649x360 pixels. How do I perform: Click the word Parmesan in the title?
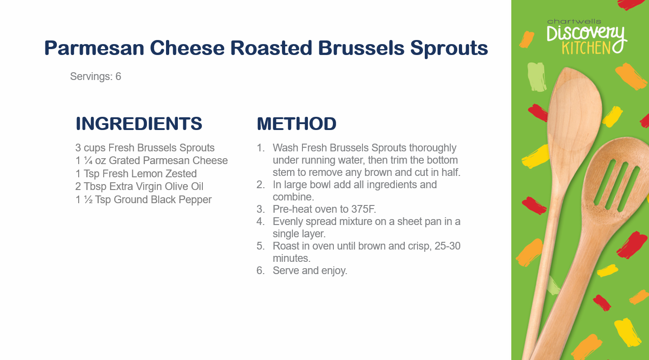pyautogui.click(x=94, y=48)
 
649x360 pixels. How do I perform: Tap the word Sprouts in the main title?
pyautogui.click(x=449, y=49)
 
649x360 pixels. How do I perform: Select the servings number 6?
pyautogui.click(x=118, y=76)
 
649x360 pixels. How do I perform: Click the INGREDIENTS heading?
pyautogui.click(x=139, y=124)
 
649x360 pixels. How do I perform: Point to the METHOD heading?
pyautogui.click(x=297, y=124)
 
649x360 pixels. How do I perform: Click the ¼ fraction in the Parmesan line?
pyautogui.click(x=88, y=160)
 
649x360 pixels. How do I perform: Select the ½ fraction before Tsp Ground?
pyautogui.click(x=88, y=200)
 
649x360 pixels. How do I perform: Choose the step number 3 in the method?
pyautogui.click(x=260, y=209)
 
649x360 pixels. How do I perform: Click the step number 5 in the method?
pyautogui.click(x=260, y=246)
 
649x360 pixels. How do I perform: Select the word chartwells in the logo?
pyautogui.click(x=574, y=22)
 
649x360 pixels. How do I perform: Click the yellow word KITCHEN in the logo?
pyautogui.click(x=586, y=48)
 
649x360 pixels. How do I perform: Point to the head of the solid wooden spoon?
pyautogui.click(x=575, y=116)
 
